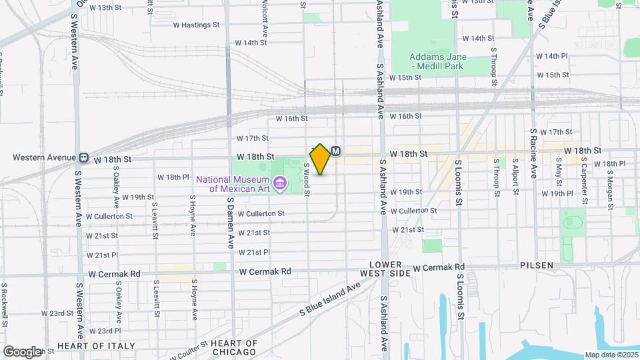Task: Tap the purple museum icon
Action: [279, 182]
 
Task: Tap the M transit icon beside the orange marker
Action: [336, 151]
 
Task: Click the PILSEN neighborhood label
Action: [537, 265]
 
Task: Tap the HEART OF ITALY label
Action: [96, 346]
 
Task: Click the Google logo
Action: [22, 351]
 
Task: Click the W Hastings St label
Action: [196, 25]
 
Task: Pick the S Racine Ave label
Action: [533, 153]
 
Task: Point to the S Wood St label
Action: [307, 181]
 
